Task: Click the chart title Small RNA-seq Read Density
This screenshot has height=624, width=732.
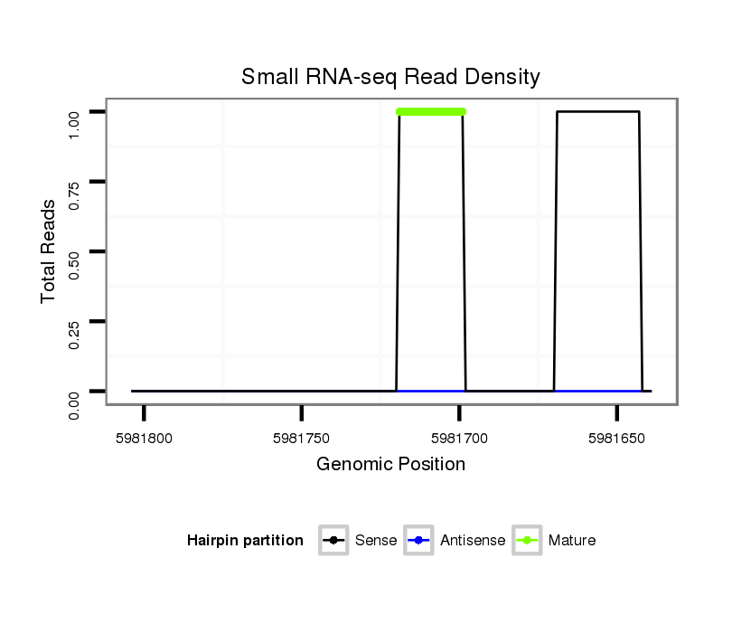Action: [390, 78]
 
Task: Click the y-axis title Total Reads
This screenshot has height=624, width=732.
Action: [49, 251]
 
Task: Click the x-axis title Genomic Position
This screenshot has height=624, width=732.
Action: [390, 465]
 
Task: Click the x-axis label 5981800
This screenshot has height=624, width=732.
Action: [144, 438]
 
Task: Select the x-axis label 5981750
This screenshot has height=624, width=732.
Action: [302, 438]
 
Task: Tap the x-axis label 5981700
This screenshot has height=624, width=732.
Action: [459, 438]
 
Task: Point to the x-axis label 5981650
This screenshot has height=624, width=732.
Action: [616, 438]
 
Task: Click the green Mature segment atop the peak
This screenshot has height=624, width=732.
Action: [431, 112]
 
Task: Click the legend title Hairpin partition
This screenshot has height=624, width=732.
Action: [245, 541]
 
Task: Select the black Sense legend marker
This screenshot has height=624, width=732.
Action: [333, 541]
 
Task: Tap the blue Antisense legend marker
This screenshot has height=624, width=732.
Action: [419, 541]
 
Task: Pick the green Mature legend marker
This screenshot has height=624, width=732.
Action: [527, 541]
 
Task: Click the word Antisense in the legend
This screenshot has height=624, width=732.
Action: [473, 541]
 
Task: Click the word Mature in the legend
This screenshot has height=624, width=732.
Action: [571, 541]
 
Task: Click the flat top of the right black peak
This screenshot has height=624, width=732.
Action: [598, 112]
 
